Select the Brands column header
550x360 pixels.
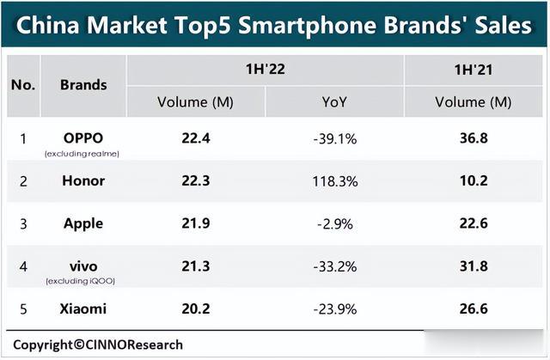[83, 84]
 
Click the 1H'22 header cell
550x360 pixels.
[266, 69]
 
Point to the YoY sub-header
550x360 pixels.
[334, 102]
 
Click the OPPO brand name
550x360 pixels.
[83, 137]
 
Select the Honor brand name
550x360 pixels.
[83, 181]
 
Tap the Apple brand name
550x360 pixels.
[83, 223]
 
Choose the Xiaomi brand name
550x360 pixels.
[83, 308]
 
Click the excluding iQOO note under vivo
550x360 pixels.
[83, 281]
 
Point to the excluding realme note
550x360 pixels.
[83, 153]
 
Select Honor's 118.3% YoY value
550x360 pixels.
[334, 181]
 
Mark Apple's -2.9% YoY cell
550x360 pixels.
[334, 223]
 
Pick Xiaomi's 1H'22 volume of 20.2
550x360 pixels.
[195, 308]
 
